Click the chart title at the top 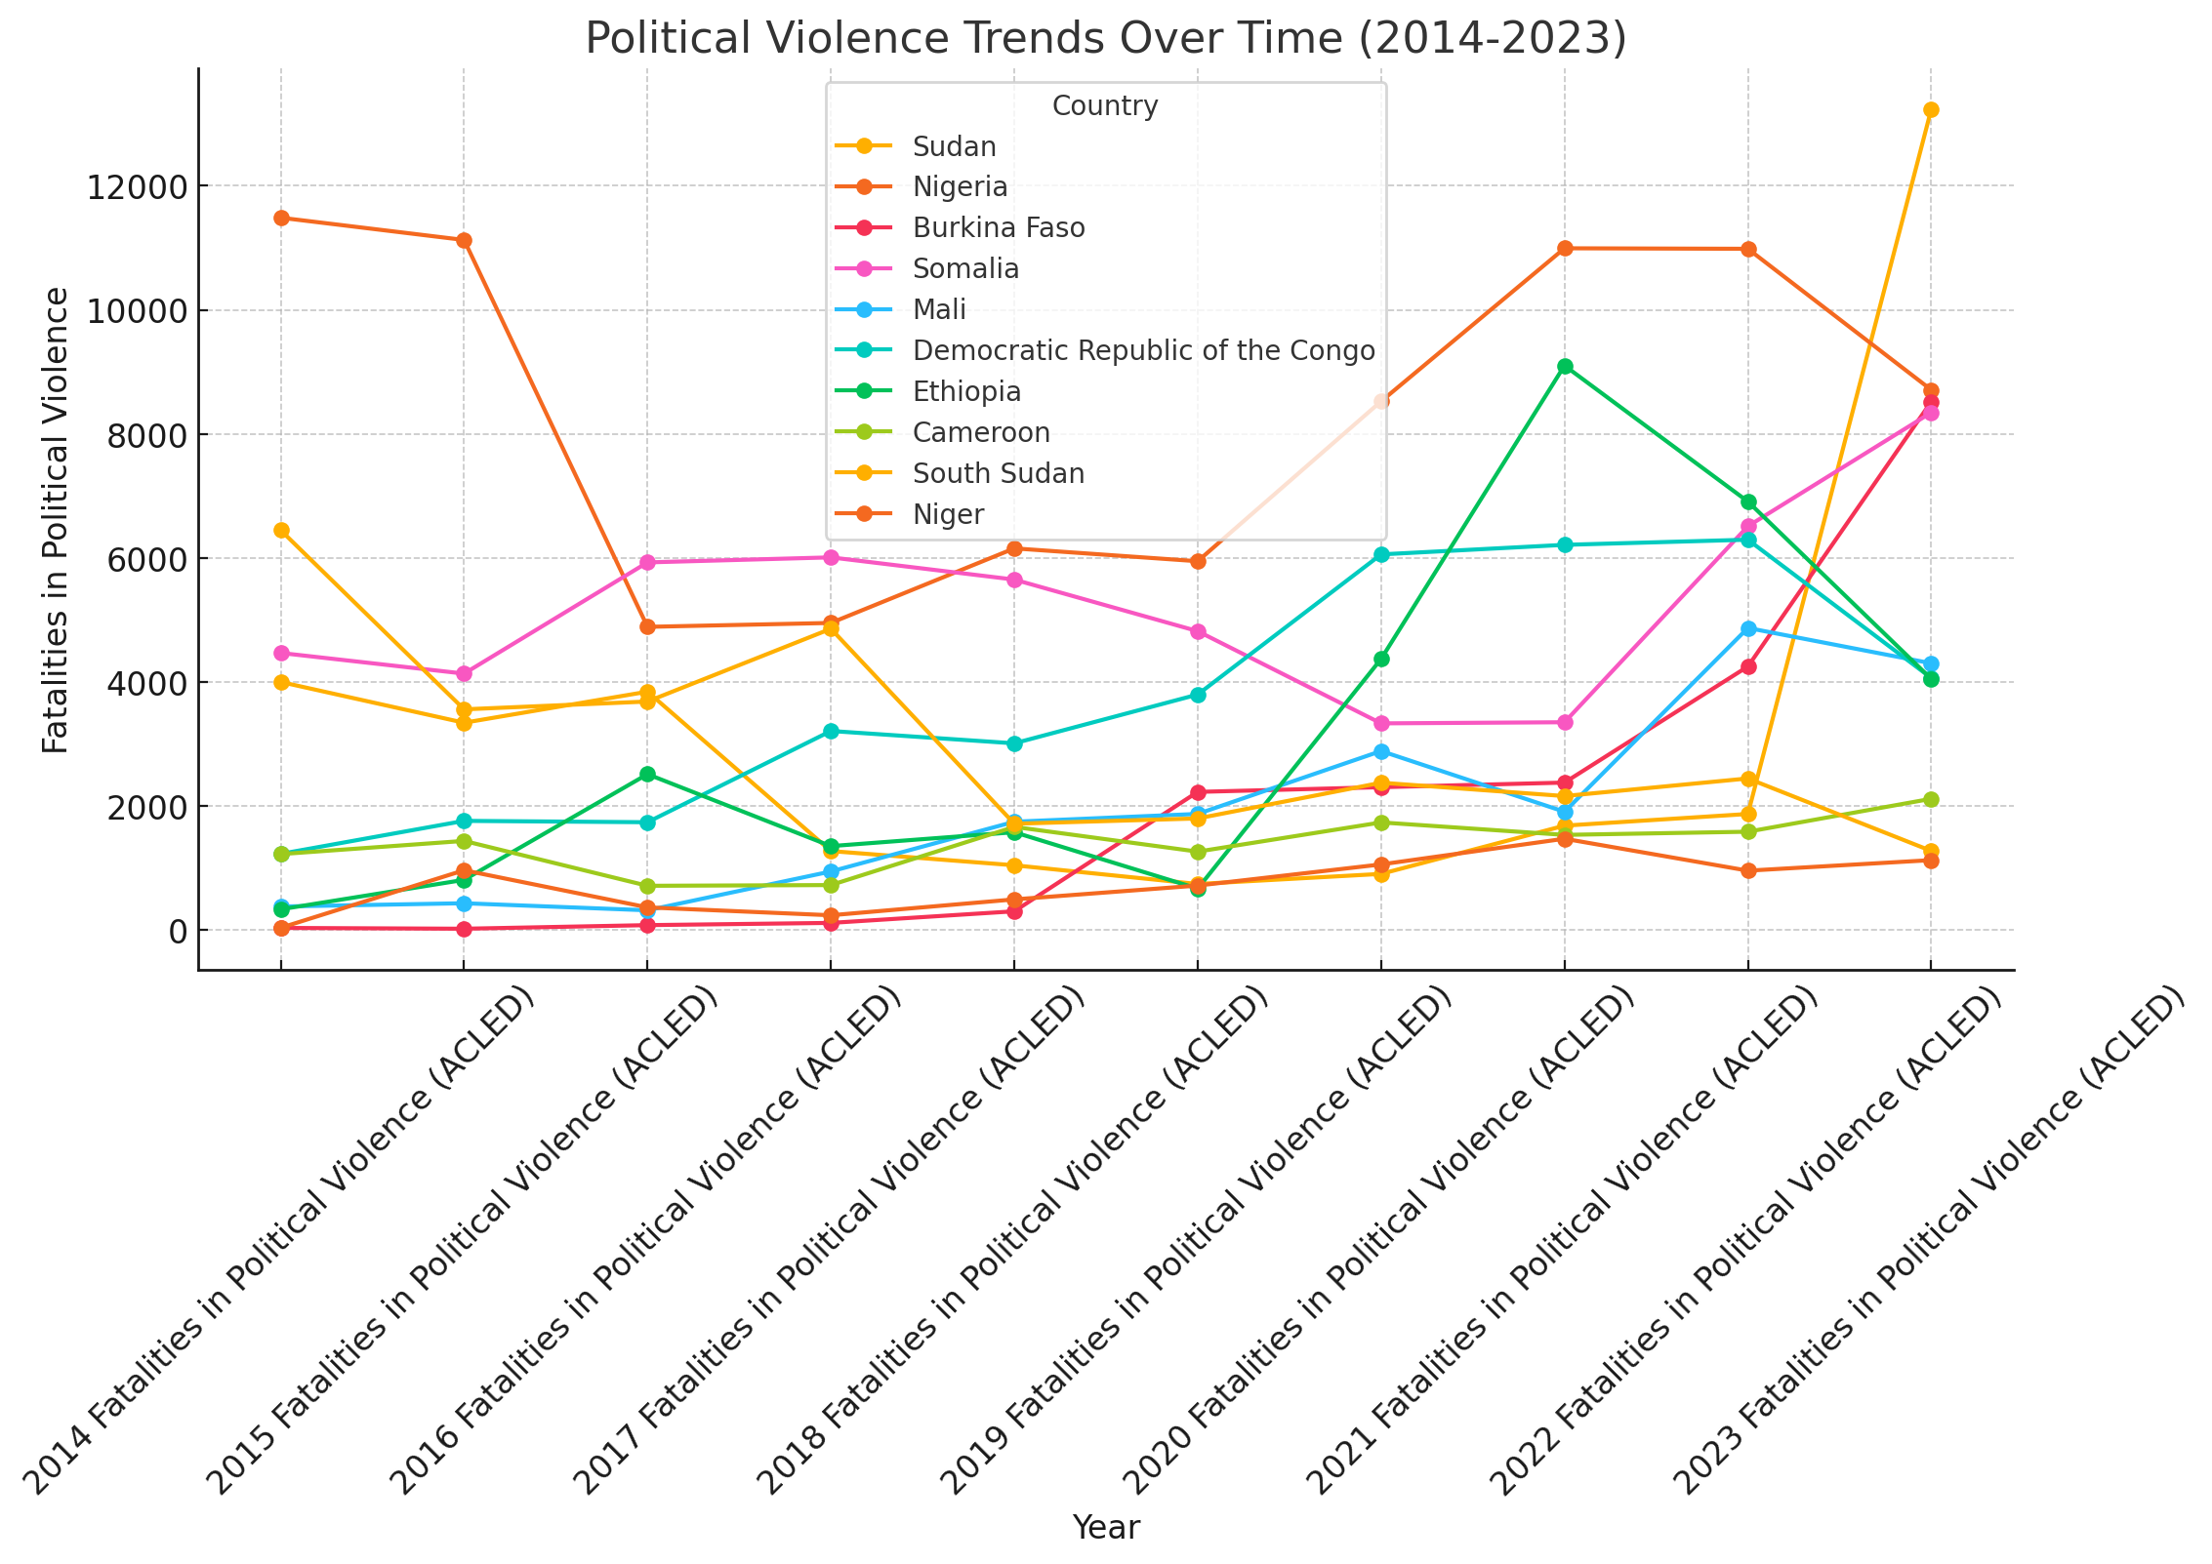[x=1105, y=39]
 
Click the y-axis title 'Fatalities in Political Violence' [x=57, y=520]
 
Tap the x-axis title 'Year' [x=1105, y=1527]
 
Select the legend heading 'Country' [x=1105, y=105]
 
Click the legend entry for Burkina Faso [x=999, y=228]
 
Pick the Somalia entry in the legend [x=965, y=269]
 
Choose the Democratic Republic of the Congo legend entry [x=1143, y=351]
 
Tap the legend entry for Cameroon [x=981, y=433]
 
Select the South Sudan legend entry [x=999, y=474]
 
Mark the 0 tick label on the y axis [x=178, y=931]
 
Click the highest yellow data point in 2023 [x=1931, y=110]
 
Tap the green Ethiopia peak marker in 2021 [x=1565, y=367]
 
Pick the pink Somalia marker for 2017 [x=831, y=557]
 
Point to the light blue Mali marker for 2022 [x=1748, y=629]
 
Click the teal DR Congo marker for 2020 [x=1381, y=554]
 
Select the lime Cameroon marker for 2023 [x=1931, y=800]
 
